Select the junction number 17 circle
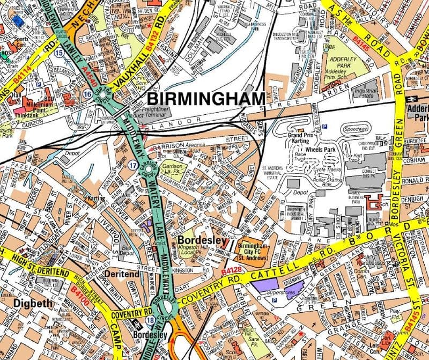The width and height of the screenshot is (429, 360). coord(132,166)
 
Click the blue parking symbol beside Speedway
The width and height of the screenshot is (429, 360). coord(327,128)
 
